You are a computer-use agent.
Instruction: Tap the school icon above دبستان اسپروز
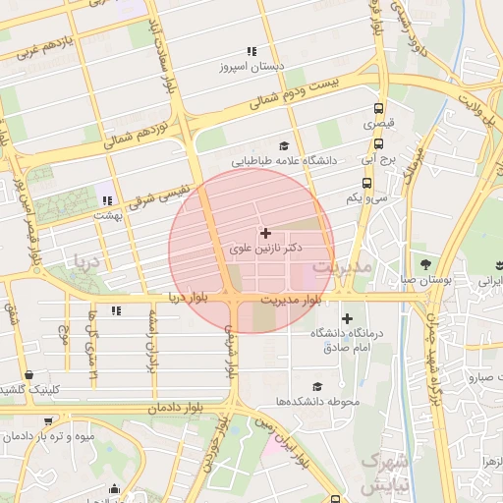251,51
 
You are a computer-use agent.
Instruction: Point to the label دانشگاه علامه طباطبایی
284,159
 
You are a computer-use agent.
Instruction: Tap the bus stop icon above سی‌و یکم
366,183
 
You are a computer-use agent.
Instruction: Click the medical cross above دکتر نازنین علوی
265,233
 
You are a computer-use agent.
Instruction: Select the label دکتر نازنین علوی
264,251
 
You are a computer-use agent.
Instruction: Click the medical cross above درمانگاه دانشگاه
347,318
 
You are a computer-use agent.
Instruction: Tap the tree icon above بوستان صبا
425,263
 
